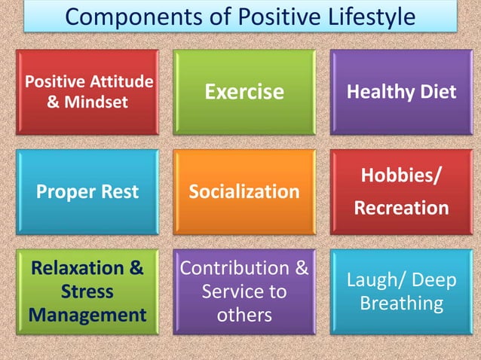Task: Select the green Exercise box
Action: pyautogui.click(x=245, y=92)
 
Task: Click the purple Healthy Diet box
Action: pyautogui.click(x=401, y=92)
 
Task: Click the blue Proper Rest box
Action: pyautogui.click(x=87, y=191)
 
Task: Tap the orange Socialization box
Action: pyautogui.click(x=244, y=191)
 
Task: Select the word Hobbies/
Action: pyautogui.click(x=401, y=176)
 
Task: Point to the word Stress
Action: pyautogui.click(x=87, y=291)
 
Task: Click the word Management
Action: pyautogui.click(x=87, y=313)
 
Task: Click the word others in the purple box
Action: pyautogui.click(x=244, y=313)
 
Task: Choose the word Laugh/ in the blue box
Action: pyautogui.click(x=375, y=280)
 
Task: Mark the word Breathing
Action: pyautogui.click(x=401, y=303)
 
